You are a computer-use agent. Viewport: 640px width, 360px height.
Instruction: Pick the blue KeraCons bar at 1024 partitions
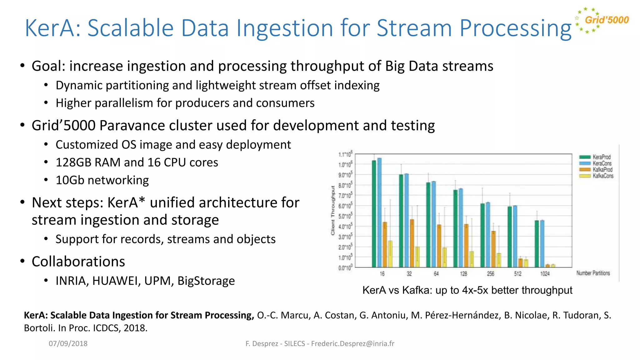coord(542,244)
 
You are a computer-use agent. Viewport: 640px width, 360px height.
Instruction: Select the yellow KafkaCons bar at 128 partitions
coord(472,259)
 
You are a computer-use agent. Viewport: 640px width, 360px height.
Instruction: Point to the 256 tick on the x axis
coord(491,274)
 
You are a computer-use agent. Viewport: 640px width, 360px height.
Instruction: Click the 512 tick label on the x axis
coord(518,274)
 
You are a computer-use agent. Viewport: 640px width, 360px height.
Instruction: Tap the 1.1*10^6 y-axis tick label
coord(345,154)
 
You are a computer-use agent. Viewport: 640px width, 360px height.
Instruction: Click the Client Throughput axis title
coord(333,211)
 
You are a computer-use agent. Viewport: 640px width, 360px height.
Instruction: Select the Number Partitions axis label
coord(593,273)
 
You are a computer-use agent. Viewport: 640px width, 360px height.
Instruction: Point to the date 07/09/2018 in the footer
coord(68,343)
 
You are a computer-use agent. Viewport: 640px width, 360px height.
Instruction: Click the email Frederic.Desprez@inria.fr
coord(352,343)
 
